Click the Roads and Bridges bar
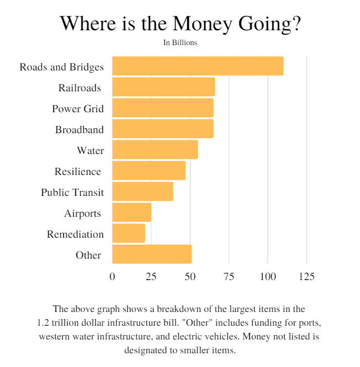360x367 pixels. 198,66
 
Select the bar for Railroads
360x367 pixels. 163,87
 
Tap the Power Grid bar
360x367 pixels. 162,108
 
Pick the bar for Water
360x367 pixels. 155,150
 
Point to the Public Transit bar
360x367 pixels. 143,191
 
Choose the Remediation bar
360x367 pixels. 129,233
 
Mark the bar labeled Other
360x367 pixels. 152,254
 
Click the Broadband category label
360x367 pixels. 79,130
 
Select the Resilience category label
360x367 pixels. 78,172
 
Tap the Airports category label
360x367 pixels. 83,213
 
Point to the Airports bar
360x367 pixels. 132,212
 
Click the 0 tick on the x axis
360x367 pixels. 112,276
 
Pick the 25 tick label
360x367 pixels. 151,276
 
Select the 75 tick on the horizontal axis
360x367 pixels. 229,276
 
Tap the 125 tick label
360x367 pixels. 306,276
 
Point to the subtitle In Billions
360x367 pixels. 180,42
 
